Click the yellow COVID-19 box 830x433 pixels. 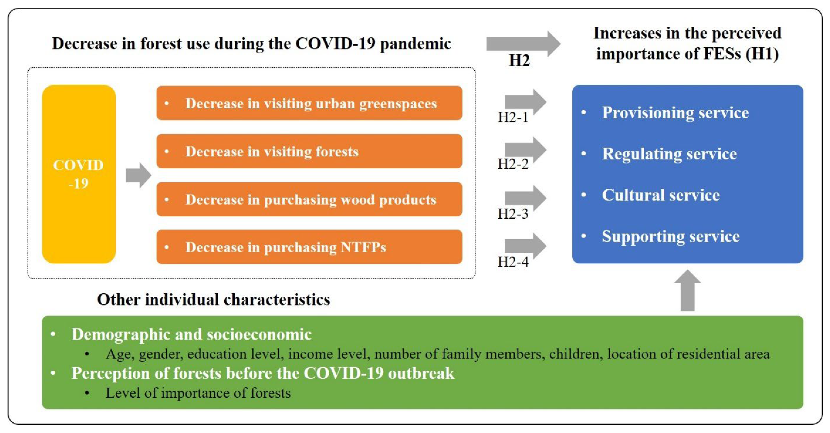79,174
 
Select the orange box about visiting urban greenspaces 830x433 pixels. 309,103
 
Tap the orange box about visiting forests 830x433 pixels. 309,151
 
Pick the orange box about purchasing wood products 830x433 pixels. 309,199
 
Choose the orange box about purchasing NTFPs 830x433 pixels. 309,247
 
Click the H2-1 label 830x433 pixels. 513,117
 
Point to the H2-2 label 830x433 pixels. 513,164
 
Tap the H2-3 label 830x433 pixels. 513,214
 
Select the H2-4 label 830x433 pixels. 513,262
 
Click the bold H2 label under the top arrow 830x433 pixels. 519,60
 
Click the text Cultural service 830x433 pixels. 661,195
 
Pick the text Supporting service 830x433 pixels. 670,236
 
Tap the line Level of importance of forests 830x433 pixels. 198,393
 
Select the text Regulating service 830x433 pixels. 669,154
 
